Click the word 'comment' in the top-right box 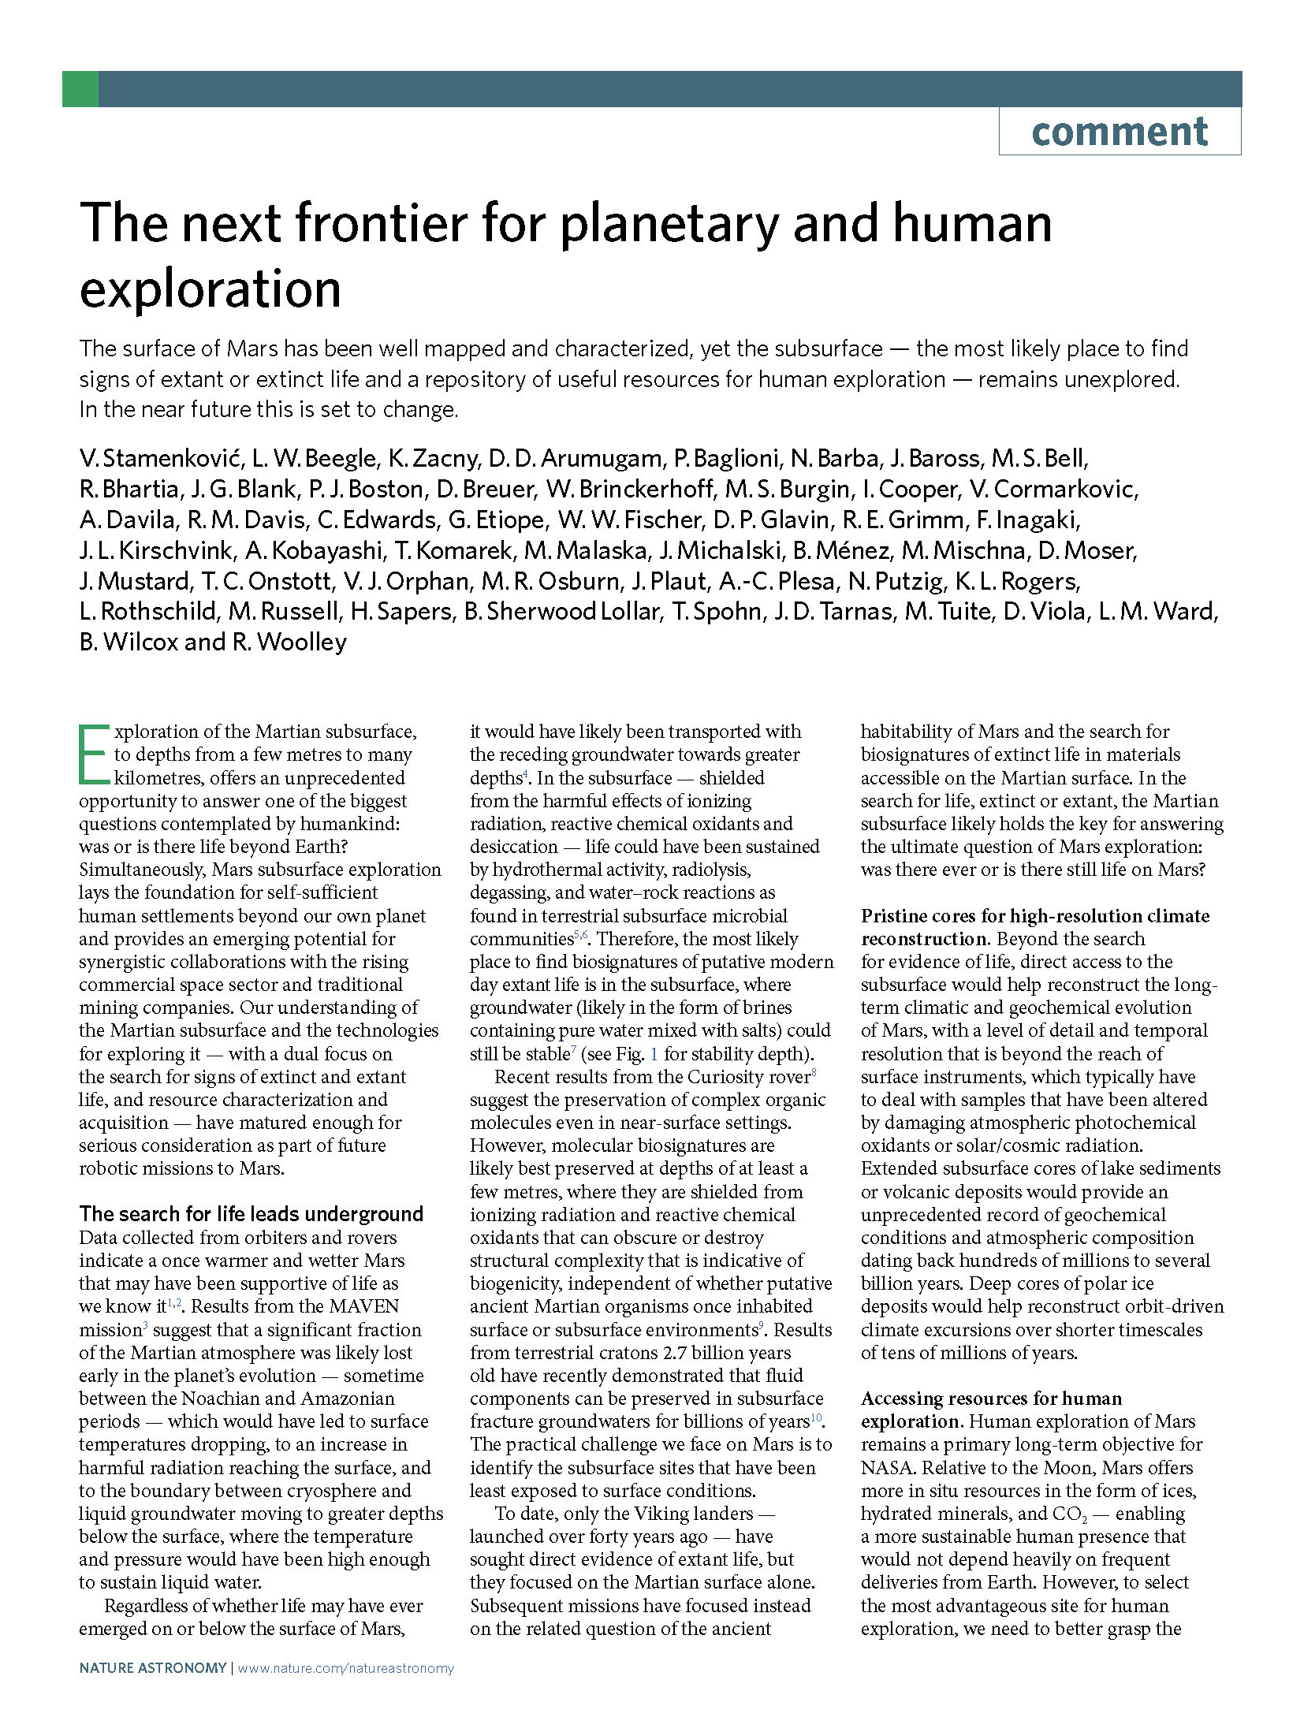click(1119, 132)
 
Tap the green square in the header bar click(80, 89)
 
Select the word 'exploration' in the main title click(211, 289)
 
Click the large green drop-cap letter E click(94, 754)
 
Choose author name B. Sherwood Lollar click(563, 612)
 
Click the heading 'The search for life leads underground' click(251, 1214)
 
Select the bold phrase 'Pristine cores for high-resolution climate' click(1034, 916)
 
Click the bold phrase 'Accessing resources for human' click(991, 1399)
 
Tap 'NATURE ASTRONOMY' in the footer click(152, 1668)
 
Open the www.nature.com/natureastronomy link click(345, 1668)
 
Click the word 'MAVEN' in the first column click(364, 1306)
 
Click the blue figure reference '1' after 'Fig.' click(654, 1054)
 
